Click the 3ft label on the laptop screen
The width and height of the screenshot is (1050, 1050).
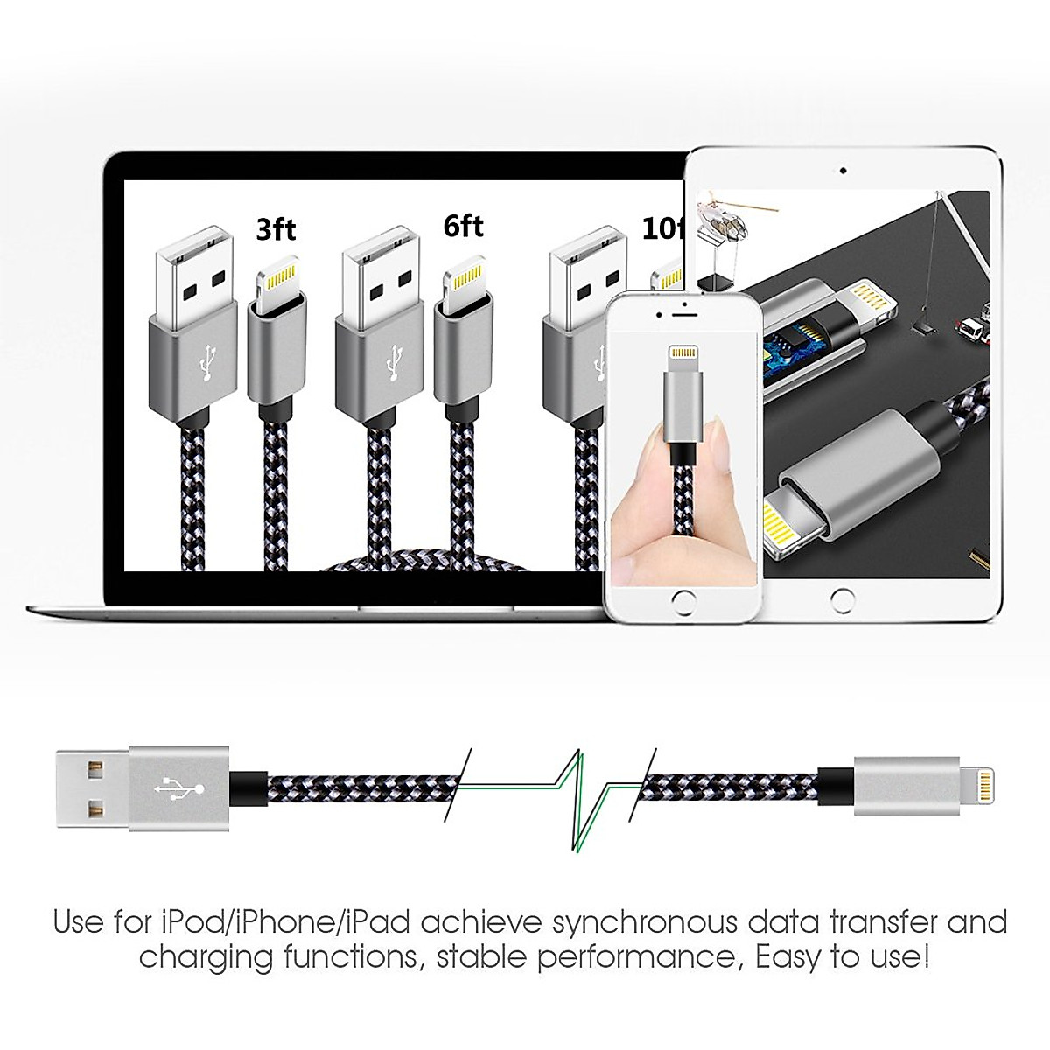coord(276,229)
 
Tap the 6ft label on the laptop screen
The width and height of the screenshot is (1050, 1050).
coord(463,226)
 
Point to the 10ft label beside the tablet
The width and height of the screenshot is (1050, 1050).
coord(663,229)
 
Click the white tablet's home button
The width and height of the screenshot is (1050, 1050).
coord(842,600)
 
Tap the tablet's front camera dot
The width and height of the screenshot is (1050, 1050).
coord(843,171)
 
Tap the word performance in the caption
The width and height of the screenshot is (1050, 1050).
coord(637,957)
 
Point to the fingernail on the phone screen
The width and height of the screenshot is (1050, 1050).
coord(718,435)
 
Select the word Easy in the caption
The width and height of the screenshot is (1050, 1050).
coord(791,957)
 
